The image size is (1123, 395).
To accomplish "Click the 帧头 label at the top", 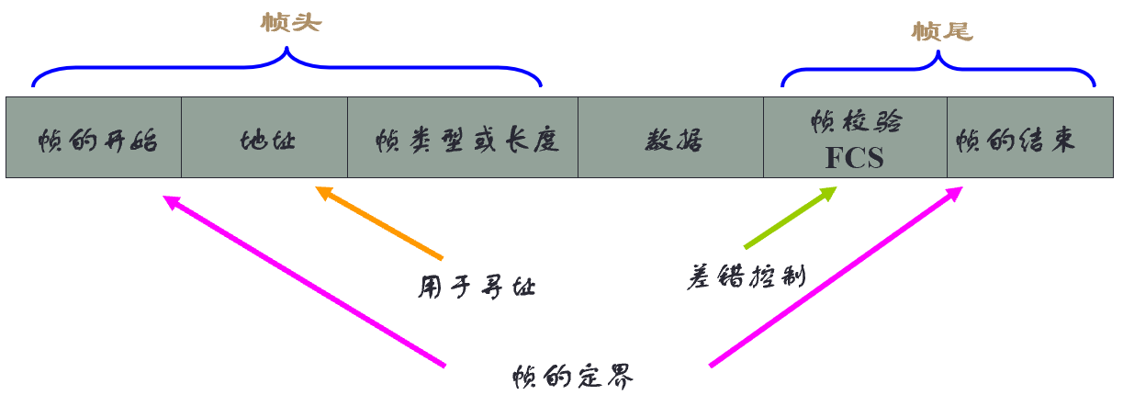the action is pos(289,23).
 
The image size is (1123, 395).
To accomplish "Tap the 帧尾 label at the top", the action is pos(941,32).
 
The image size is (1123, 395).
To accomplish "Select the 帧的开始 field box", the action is pos(94,138).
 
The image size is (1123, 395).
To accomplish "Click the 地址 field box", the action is pos(264,138).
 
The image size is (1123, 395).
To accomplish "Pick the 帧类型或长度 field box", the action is pos(463,138).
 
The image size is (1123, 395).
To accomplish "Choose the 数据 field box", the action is pos(670,138).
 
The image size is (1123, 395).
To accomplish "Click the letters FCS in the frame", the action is pos(854,157).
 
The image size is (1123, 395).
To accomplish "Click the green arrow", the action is pos(790,218).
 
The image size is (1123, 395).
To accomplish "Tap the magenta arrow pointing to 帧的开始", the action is pos(303,281).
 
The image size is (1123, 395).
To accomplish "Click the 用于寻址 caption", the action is pos(477,288).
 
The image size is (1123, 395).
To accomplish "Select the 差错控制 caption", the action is pos(746,276).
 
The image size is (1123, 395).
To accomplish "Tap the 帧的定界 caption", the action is pos(574,377).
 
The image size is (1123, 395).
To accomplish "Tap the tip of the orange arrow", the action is pos(318,189).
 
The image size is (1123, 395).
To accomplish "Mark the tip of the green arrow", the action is pos(835,190).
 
